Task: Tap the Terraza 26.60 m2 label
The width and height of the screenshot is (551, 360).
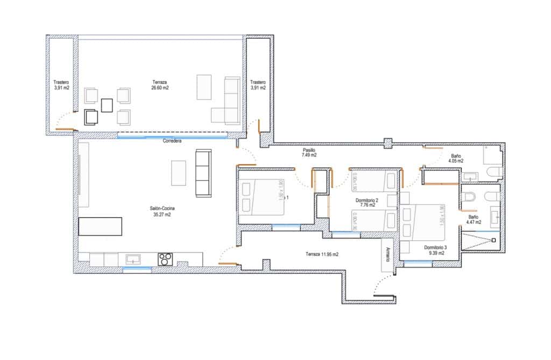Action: [160, 84]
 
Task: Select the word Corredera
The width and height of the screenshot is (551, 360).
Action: [172, 141]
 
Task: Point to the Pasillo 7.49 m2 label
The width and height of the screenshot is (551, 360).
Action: [309, 152]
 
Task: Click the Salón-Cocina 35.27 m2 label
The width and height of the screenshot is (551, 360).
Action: [162, 211]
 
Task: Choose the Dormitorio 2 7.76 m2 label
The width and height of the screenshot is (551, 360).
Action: [367, 202]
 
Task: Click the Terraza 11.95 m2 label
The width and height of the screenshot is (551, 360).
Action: [322, 254]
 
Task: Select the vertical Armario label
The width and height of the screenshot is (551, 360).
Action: [387, 253]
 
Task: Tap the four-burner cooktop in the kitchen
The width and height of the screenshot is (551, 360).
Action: [165, 259]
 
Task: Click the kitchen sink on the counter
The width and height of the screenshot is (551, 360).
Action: [133, 259]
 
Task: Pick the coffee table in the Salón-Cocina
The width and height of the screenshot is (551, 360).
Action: [178, 172]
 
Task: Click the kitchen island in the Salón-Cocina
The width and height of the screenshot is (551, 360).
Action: [101, 226]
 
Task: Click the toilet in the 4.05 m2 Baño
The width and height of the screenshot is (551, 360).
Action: [494, 172]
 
